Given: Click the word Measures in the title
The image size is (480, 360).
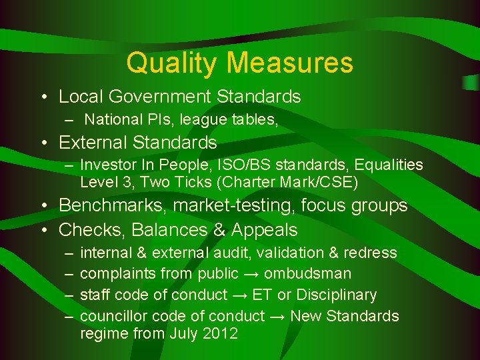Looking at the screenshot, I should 289,63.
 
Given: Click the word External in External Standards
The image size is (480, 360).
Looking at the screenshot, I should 93,143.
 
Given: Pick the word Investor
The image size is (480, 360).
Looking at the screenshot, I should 107,165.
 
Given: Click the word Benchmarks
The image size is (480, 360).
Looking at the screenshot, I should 113,206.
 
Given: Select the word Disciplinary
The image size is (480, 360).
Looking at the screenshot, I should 337,295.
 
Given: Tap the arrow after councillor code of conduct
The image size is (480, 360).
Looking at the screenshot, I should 278,316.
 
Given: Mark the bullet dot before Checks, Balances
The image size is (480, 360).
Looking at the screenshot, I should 42,230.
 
